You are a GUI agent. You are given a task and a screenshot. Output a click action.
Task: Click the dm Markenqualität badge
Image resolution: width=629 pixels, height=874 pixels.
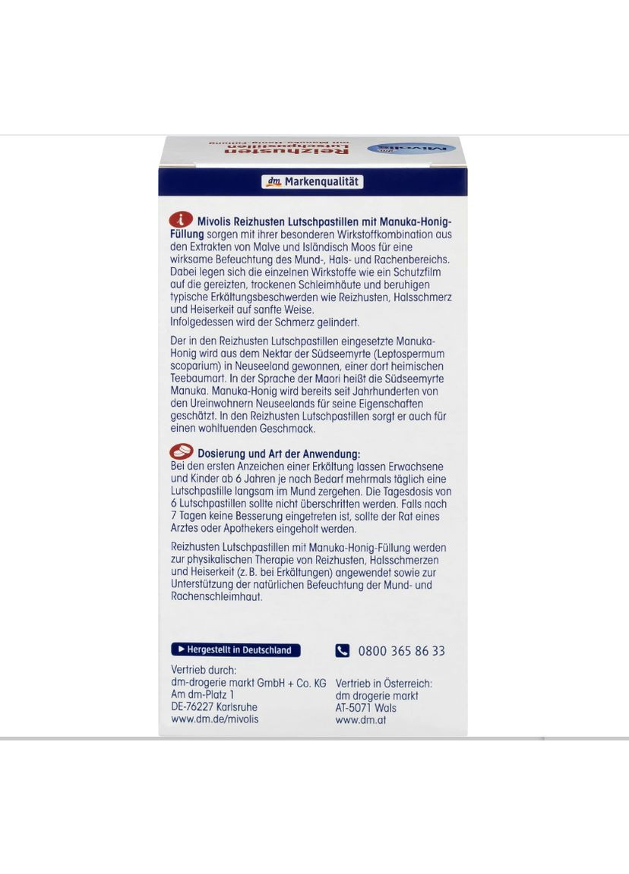[312, 182]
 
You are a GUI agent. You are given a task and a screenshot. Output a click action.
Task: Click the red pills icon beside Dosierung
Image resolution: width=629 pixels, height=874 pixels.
[182, 453]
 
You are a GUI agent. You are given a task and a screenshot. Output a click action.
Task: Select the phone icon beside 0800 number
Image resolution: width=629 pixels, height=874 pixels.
[343, 651]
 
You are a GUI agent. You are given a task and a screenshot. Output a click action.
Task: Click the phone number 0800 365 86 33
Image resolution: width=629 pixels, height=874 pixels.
[401, 651]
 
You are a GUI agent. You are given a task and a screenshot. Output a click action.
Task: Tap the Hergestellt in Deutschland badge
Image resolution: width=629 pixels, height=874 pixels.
[235, 650]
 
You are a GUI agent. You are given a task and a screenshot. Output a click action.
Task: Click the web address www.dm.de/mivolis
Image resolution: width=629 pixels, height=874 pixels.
[215, 718]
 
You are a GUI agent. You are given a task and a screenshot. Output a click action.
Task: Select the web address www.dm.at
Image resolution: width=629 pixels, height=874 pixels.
[361, 720]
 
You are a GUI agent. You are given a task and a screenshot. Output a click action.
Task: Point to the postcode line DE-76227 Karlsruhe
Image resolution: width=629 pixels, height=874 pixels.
[215, 706]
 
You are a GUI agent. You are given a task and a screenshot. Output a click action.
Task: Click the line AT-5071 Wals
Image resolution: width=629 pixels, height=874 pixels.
[366, 708]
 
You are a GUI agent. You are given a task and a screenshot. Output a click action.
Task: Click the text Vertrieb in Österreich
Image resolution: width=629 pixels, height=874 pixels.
[384, 683]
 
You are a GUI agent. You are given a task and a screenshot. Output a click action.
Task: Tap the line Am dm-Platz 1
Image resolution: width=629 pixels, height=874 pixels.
[203, 694]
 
